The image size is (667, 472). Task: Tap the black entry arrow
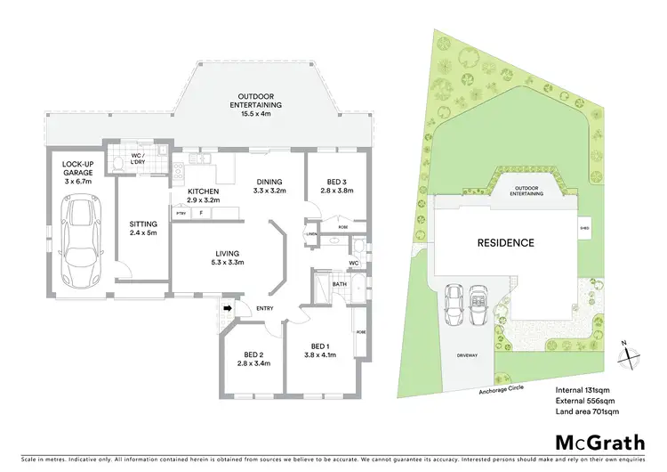pyautogui.click(x=227, y=309)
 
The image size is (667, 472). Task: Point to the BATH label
pyautogui.click(x=339, y=285)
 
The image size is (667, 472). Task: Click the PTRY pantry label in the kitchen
pyautogui.click(x=181, y=214)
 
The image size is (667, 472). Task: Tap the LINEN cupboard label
pyautogui.click(x=311, y=234)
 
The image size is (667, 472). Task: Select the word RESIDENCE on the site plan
pyautogui.click(x=505, y=242)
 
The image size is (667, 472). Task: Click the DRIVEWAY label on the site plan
pyautogui.click(x=468, y=355)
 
